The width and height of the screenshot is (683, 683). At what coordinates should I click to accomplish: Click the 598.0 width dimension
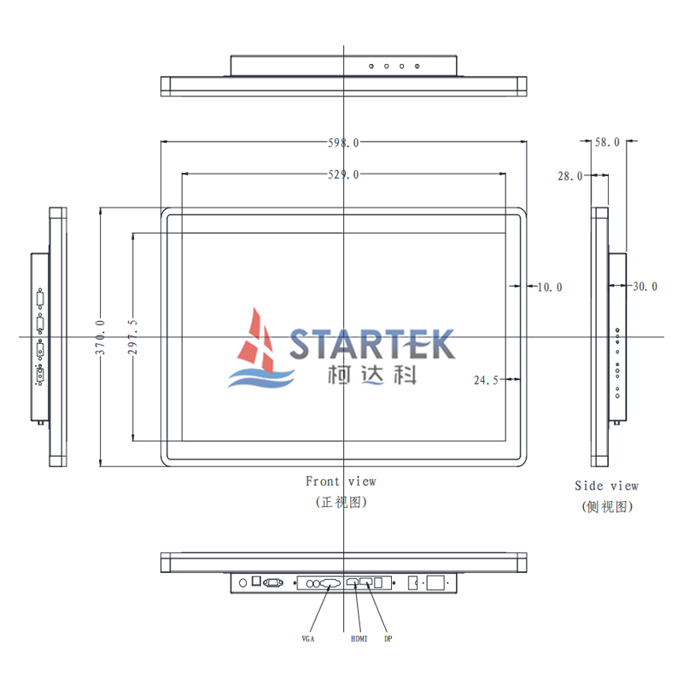tap(343, 143)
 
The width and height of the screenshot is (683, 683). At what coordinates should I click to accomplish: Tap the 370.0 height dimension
tap(100, 336)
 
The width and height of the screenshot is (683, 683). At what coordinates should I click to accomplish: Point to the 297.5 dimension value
tap(133, 336)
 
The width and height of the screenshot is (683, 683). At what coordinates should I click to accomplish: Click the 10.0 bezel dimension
tap(549, 288)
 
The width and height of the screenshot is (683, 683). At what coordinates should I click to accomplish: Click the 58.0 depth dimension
tap(607, 143)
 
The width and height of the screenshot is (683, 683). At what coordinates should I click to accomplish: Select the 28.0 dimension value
tap(569, 177)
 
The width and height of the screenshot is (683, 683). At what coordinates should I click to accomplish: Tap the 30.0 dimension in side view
tap(645, 288)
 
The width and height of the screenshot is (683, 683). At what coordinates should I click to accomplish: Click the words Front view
tap(341, 482)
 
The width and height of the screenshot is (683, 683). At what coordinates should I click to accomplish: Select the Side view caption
tap(606, 487)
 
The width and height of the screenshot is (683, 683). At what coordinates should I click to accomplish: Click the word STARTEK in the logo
tap(371, 344)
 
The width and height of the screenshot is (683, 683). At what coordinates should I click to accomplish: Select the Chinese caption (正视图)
tap(341, 503)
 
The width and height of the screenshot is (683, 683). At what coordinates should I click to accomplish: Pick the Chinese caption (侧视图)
tap(607, 507)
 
